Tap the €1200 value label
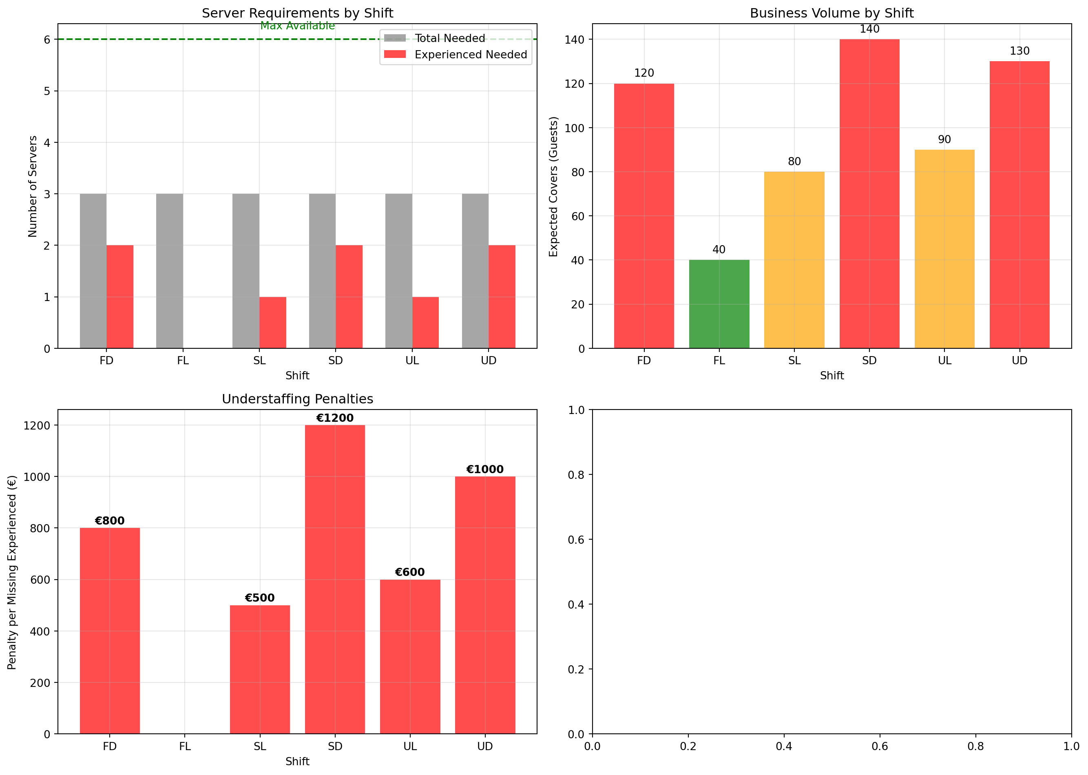[335, 418]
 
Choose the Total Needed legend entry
[449, 38]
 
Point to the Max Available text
[297, 26]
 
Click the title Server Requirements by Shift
[297, 13]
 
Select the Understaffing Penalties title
[297, 399]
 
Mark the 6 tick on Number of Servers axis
[47, 40]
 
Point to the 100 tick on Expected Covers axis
[574, 128]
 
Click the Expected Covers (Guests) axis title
[553, 186]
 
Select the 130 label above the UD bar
[1019, 51]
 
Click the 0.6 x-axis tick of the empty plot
[880, 746]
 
